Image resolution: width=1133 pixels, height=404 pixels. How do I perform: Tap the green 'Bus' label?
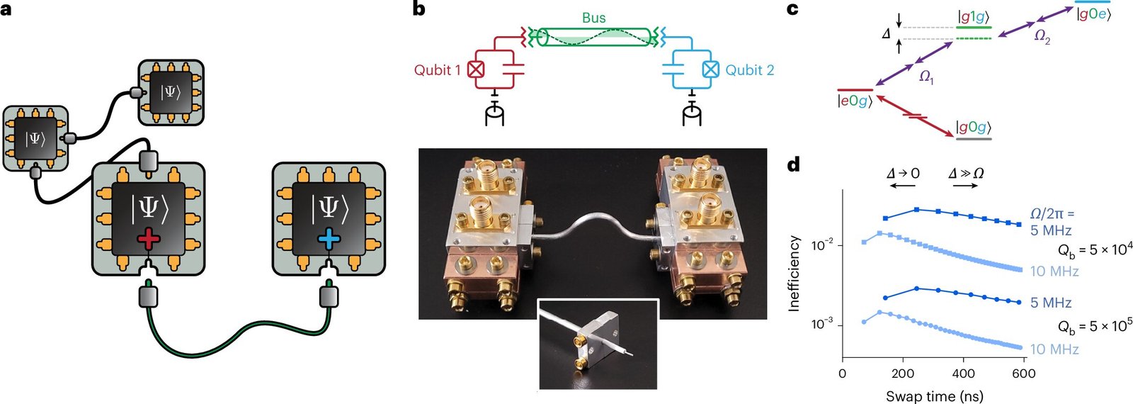coord(594,18)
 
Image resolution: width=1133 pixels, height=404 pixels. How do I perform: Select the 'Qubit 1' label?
coord(438,70)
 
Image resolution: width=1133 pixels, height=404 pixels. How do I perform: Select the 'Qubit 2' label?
coord(750,70)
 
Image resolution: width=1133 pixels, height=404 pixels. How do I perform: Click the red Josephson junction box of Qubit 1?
coord(475,70)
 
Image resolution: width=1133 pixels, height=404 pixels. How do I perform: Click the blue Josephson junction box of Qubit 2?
coord(711,70)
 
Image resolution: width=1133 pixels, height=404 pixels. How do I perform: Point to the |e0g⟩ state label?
coord(855,102)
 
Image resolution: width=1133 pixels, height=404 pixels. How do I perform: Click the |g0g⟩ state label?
coord(974,127)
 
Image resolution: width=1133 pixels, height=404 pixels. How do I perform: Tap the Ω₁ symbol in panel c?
coord(926,79)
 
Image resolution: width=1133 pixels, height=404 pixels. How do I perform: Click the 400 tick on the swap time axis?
coord(964,374)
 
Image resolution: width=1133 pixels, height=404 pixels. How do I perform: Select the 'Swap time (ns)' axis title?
coord(934,395)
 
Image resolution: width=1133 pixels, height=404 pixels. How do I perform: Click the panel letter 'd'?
coord(794,165)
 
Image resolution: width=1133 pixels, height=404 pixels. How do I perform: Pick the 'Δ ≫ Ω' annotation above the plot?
coord(966,174)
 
